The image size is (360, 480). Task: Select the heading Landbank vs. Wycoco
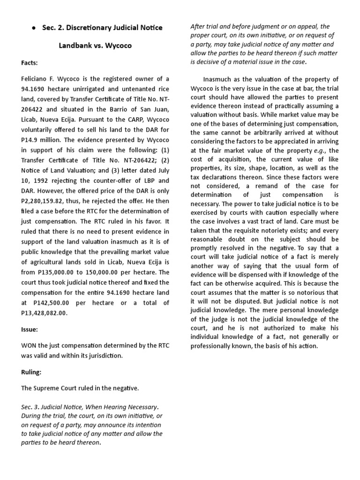95,46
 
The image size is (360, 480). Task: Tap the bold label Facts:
30,62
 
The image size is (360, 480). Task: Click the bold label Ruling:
31,372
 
